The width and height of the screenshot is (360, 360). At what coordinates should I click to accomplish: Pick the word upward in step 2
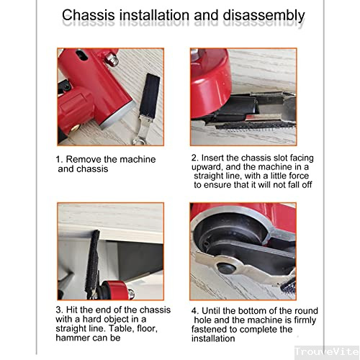(x=212, y=166)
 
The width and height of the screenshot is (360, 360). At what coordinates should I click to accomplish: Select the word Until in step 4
(x=219, y=312)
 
